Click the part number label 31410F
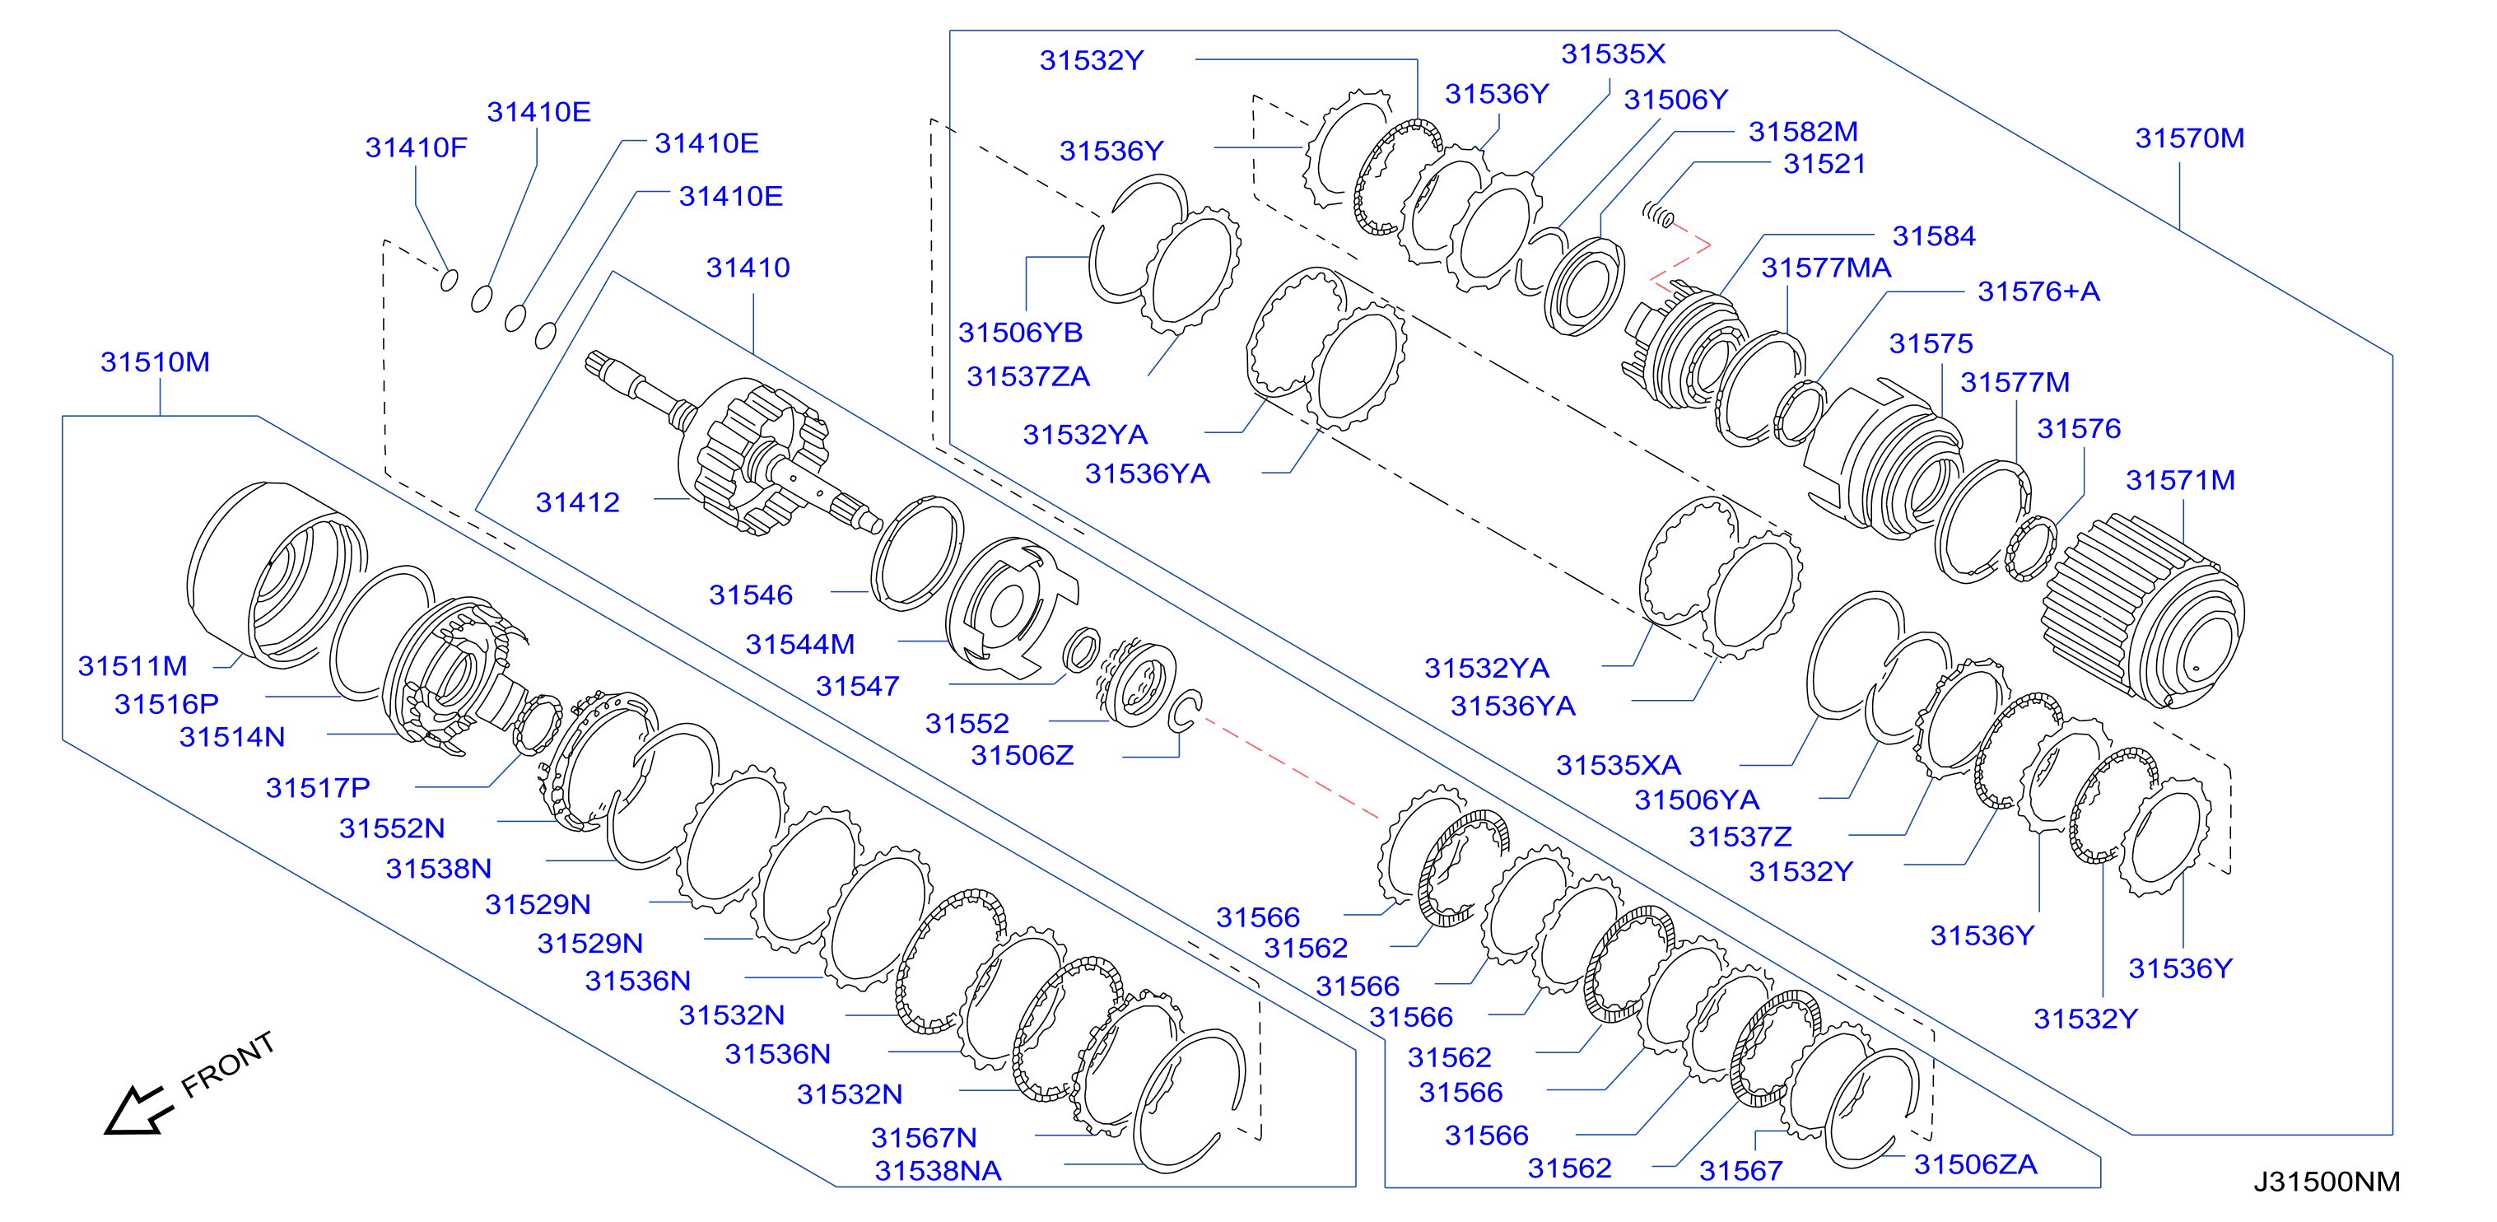[416, 147]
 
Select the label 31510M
[155, 361]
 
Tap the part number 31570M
[2190, 138]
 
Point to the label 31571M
[2180, 480]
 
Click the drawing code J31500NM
[2327, 1182]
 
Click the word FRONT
[229, 1065]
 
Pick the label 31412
[578, 502]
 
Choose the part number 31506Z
[1023, 755]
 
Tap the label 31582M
[1803, 131]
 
